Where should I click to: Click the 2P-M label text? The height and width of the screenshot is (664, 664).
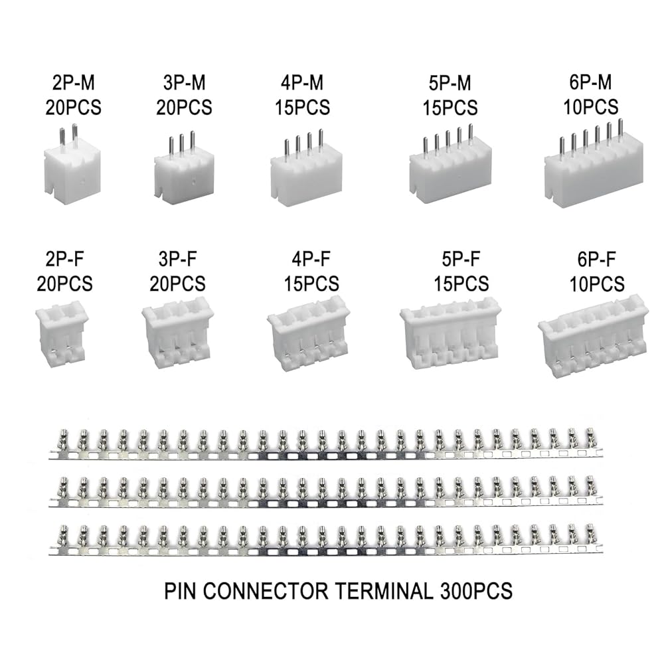[x=73, y=83]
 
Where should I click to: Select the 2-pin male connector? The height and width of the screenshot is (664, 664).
[x=72, y=166]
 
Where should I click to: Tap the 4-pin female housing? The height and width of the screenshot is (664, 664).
[x=308, y=339]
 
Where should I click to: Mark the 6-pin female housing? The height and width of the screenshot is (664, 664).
[x=592, y=339]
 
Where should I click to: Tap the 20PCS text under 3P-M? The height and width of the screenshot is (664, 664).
[x=184, y=106]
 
